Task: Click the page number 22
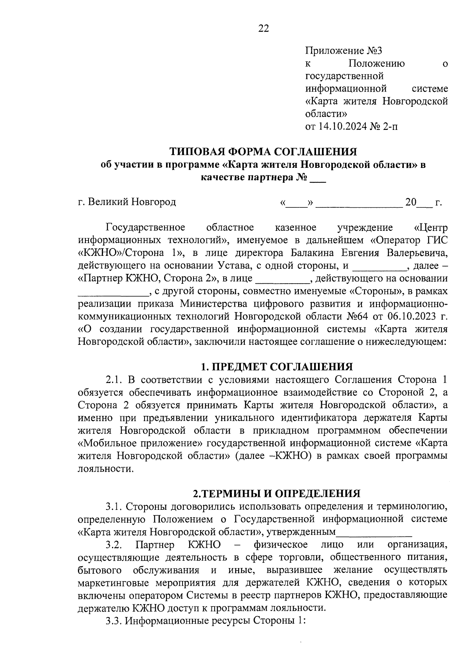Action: tap(263, 29)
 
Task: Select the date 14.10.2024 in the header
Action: tap(343, 126)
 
